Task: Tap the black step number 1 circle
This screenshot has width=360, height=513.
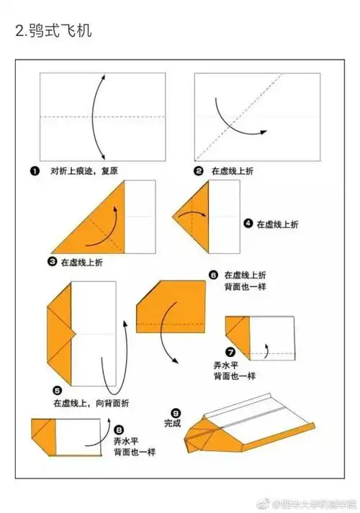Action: point(34,171)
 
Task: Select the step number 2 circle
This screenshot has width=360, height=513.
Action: point(198,171)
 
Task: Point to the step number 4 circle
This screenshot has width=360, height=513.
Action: point(248,224)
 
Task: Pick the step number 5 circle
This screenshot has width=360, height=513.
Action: point(56,390)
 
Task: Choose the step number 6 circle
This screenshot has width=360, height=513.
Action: point(213,275)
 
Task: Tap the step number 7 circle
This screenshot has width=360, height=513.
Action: point(230,352)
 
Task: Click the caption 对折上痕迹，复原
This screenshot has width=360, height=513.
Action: point(83,171)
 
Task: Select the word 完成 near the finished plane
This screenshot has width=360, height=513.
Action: point(173,423)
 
